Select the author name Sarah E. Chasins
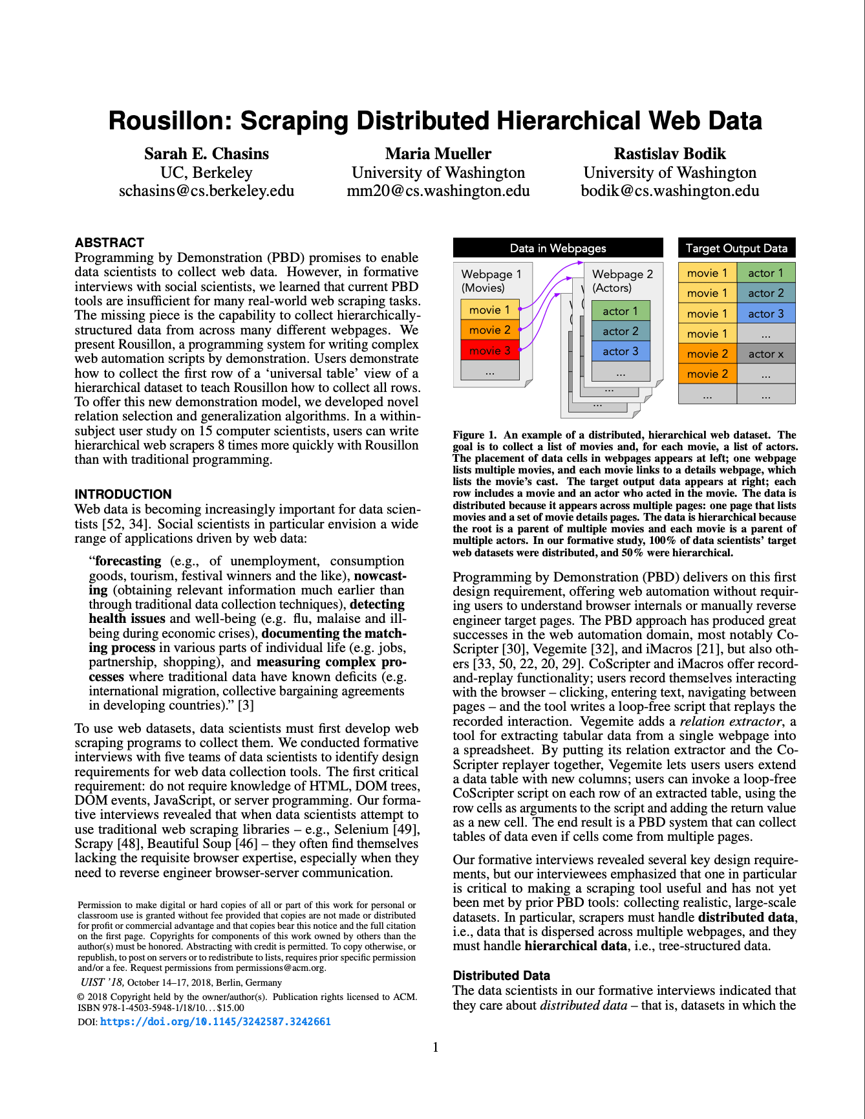click(206, 154)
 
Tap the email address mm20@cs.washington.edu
click(438, 191)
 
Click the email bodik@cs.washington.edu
click(670, 191)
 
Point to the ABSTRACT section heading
click(109, 243)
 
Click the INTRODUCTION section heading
click(123, 494)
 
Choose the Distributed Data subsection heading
click(501, 975)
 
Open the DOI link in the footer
click(215, 1022)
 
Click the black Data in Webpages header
click(558, 248)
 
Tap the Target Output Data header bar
click(736, 248)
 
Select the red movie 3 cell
click(489, 351)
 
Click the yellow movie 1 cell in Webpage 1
click(489, 310)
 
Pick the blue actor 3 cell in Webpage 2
click(620, 351)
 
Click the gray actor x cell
click(765, 354)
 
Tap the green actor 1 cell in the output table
click(765, 273)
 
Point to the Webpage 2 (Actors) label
click(622, 281)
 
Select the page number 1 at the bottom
click(436, 1047)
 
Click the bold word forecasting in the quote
click(128, 561)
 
